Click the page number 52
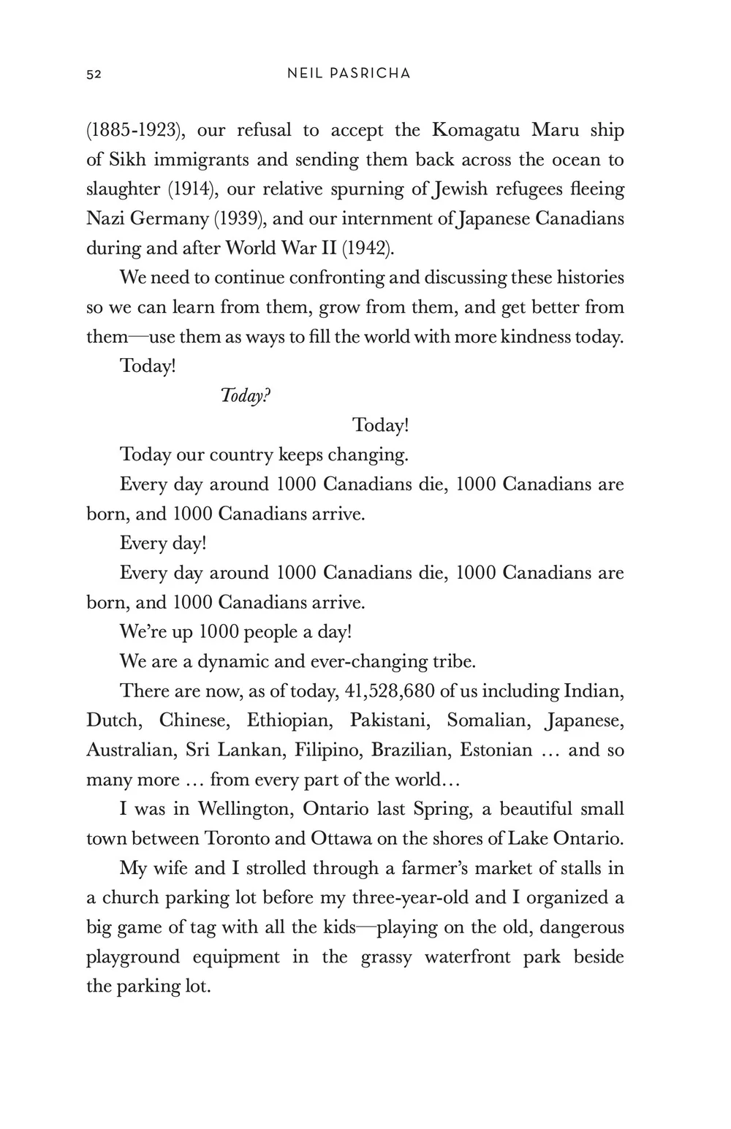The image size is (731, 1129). pyautogui.click(x=94, y=74)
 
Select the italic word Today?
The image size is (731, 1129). pyautogui.click(x=246, y=396)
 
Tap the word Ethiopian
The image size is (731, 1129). pyautogui.click(x=289, y=721)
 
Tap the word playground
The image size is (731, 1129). pyautogui.click(x=133, y=957)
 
